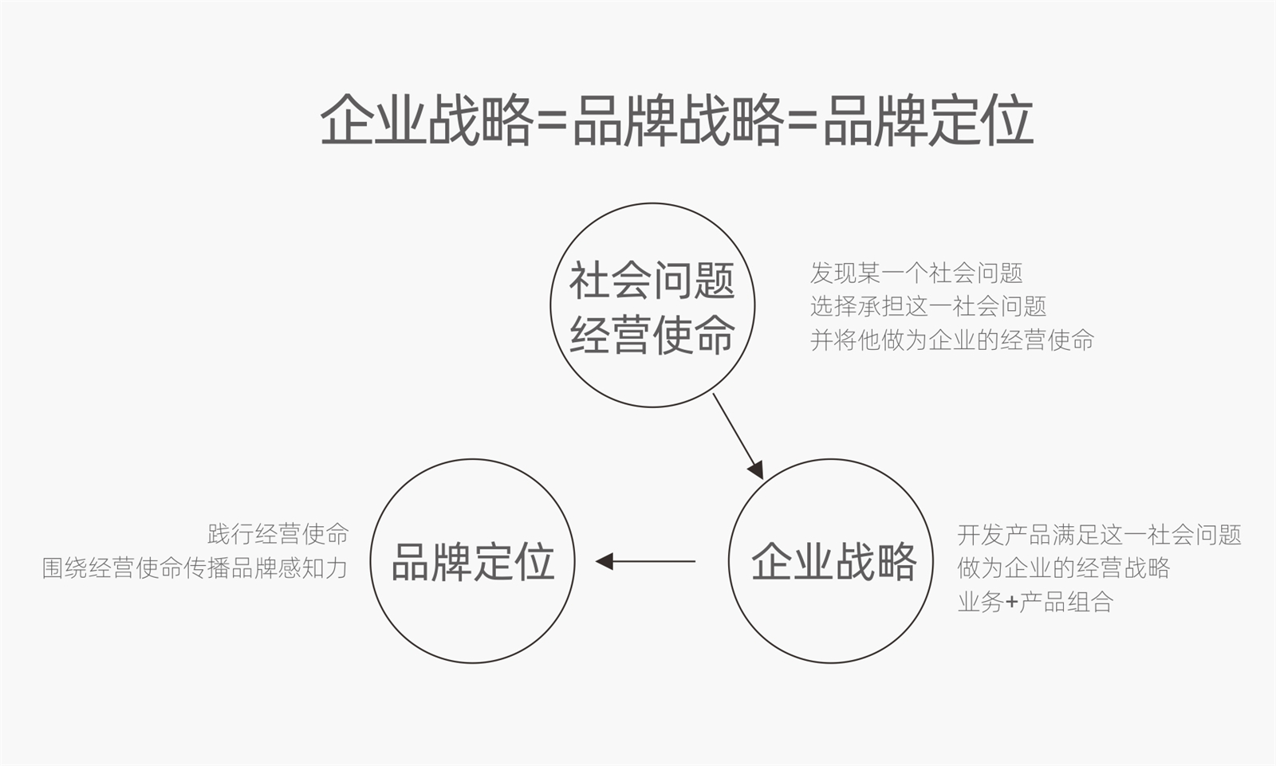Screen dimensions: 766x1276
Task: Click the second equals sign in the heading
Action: pos(802,122)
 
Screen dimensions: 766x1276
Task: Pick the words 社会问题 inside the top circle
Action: pos(652,281)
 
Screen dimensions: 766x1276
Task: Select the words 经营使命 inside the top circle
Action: pos(652,335)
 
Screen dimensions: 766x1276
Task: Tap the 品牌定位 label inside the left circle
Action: pos(472,562)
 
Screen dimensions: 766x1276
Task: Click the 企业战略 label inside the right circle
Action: pos(833,562)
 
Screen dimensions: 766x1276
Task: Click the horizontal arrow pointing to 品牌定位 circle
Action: pos(646,562)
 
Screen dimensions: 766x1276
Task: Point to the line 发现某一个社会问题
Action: pos(916,273)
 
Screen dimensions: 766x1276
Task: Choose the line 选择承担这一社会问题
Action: pos(928,306)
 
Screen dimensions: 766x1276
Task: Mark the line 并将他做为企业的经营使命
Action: pos(952,340)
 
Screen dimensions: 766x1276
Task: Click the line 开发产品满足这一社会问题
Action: pos(1099,534)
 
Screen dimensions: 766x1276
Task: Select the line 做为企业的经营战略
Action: pos(1063,568)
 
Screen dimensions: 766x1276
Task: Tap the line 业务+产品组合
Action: pos(1035,602)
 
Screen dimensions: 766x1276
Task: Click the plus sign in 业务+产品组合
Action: pos(1011,603)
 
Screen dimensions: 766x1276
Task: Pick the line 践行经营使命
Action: pos(278,534)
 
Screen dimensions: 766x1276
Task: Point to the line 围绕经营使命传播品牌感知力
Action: pos(195,568)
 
